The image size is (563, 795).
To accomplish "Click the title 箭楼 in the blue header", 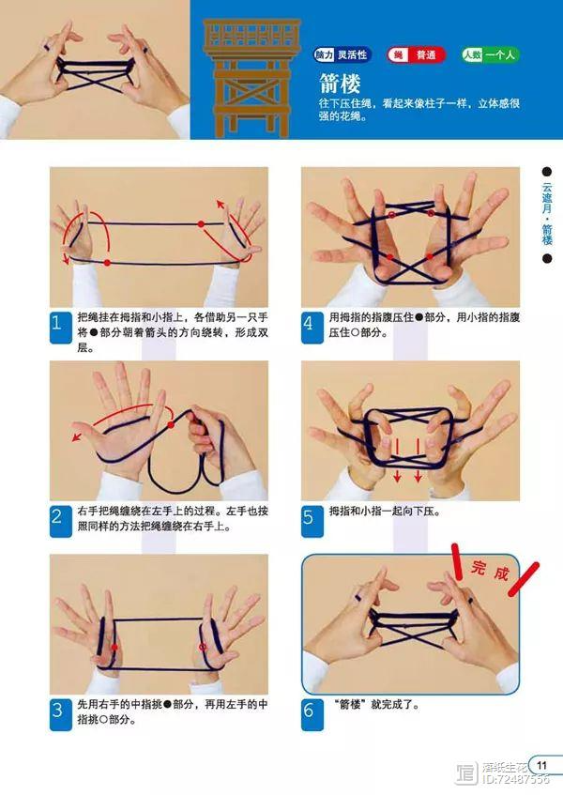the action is [340, 83].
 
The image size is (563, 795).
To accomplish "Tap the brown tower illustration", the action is [251, 79].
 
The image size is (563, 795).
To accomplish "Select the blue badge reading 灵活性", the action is [342, 54].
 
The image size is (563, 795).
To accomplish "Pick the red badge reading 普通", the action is [416, 54].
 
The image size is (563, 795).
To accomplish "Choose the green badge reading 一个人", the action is [491, 54].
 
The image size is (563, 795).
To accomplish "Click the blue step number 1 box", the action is [60, 327].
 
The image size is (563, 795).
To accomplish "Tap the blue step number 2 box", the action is [60, 521].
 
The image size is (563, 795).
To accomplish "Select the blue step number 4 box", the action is [312, 327].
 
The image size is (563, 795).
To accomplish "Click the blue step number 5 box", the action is [312, 521].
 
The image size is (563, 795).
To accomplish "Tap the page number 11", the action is [541, 765].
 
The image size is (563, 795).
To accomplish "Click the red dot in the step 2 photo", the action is [171, 424].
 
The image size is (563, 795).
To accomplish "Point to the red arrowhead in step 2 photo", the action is [76, 436].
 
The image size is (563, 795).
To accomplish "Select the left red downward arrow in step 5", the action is [397, 460].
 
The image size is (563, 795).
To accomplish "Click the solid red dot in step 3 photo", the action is [114, 647].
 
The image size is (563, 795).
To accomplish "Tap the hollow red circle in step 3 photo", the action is [202, 647].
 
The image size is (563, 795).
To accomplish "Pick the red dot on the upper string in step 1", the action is [201, 223].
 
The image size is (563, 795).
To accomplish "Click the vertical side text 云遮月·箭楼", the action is [547, 214].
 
